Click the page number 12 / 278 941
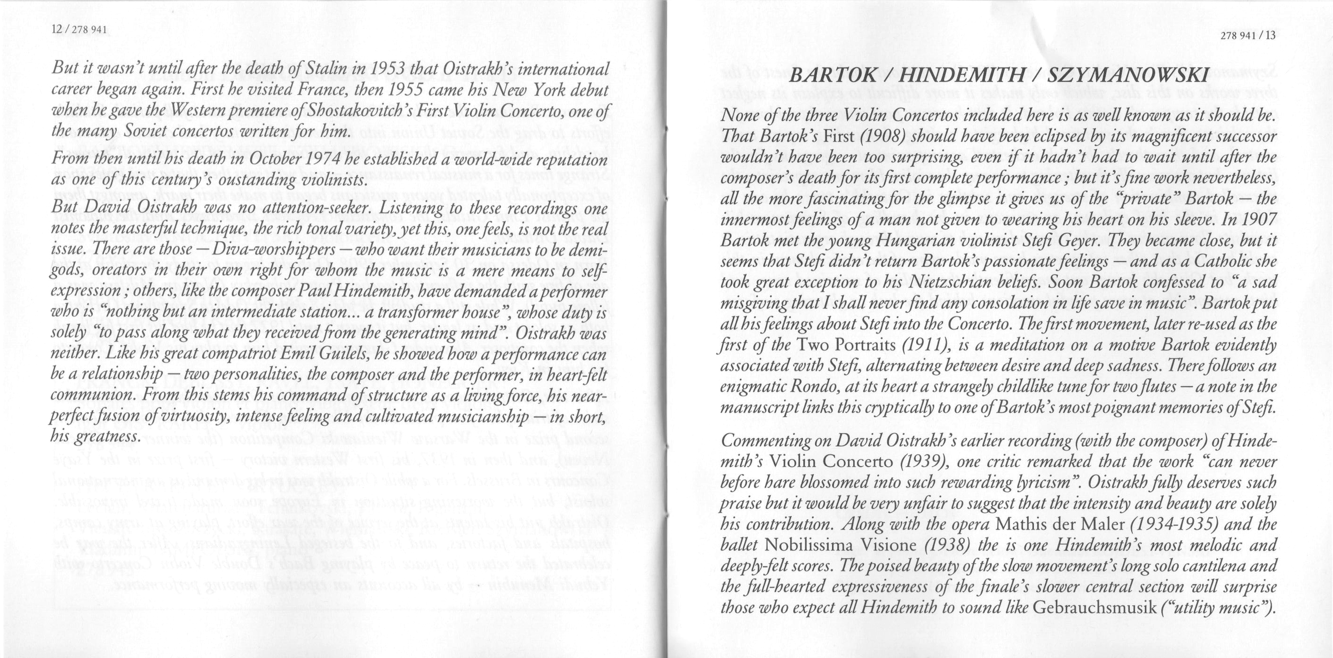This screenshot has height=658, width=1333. (x=79, y=30)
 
